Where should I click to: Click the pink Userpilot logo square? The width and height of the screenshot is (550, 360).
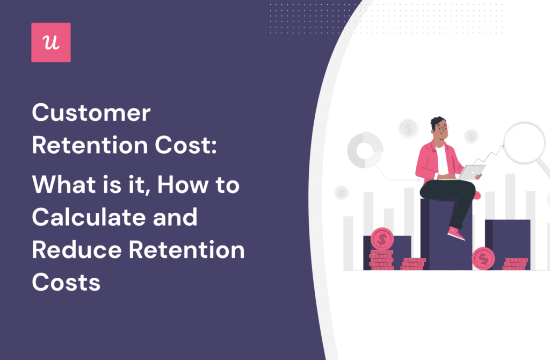pyautogui.click(x=51, y=42)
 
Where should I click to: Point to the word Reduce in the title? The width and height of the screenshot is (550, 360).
pyautogui.click(x=75, y=249)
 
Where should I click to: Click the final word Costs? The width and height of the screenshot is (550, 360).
pyautogui.click(x=66, y=282)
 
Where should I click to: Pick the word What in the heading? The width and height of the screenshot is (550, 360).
pyautogui.click(x=59, y=185)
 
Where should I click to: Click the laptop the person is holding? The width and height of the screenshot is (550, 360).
pyautogui.click(x=472, y=171)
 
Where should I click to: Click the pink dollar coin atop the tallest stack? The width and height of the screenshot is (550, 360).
pyautogui.click(x=382, y=238)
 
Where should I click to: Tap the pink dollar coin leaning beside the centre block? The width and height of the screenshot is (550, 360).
pyautogui.click(x=483, y=258)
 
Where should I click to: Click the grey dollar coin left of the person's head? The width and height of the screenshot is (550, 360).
pyautogui.click(x=409, y=128)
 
